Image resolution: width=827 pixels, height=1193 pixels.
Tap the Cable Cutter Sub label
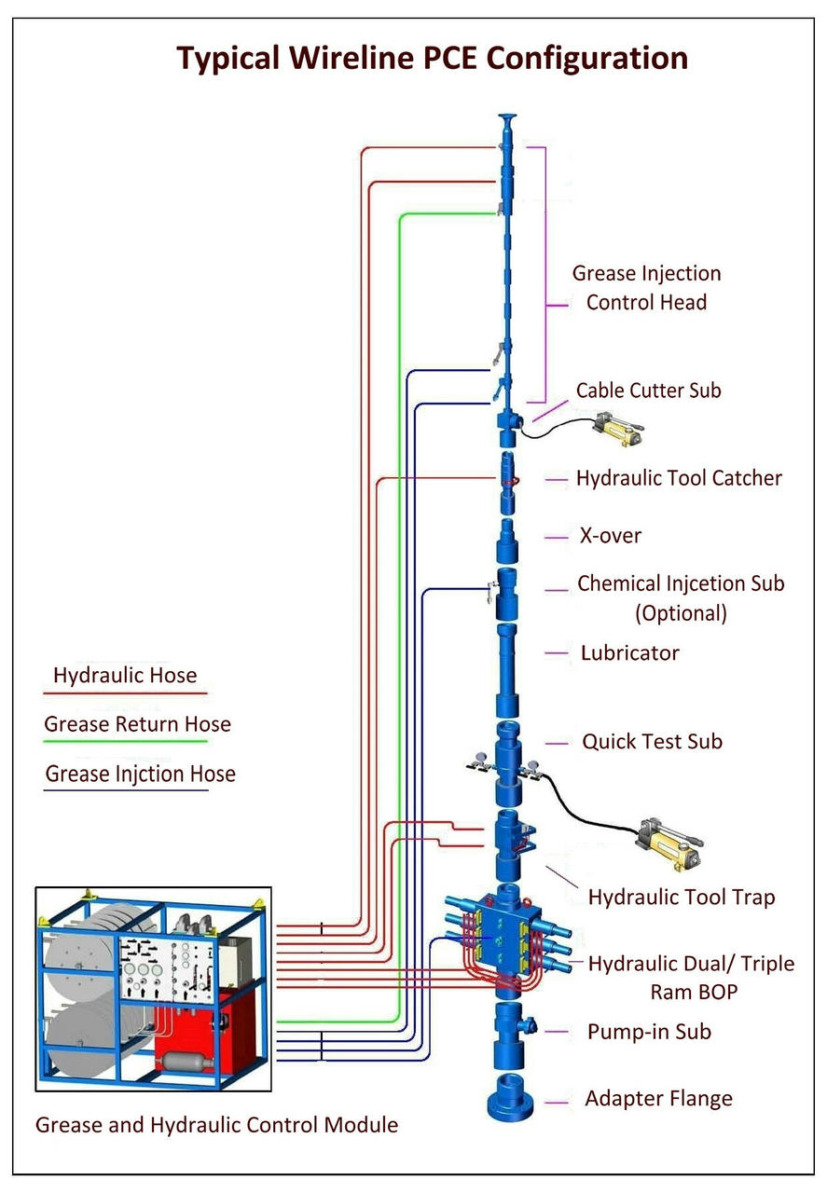(x=648, y=391)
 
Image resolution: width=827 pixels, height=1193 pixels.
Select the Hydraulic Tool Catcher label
(x=678, y=478)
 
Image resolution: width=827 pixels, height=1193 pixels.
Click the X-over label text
(x=610, y=536)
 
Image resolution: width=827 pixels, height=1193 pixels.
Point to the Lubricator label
(x=629, y=652)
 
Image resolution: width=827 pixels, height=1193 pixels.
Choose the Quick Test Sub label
(x=652, y=742)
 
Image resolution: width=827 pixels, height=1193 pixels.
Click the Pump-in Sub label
(x=649, y=1032)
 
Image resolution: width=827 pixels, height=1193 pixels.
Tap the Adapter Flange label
(x=658, y=1099)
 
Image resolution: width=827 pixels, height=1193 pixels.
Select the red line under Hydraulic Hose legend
(x=125, y=693)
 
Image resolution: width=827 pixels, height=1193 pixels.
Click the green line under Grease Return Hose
(x=125, y=742)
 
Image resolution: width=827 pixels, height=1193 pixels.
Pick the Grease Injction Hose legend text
(x=140, y=774)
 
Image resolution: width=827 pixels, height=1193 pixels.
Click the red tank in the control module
(x=210, y=1025)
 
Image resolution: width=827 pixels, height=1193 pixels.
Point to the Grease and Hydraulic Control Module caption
(x=216, y=1125)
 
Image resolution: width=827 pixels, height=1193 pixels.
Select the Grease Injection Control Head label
(x=646, y=288)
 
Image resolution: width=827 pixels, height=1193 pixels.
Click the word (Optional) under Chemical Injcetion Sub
(x=681, y=614)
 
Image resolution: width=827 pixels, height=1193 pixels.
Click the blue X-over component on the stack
(x=507, y=539)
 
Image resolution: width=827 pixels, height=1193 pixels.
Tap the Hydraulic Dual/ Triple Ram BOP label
(x=691, y=977)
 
